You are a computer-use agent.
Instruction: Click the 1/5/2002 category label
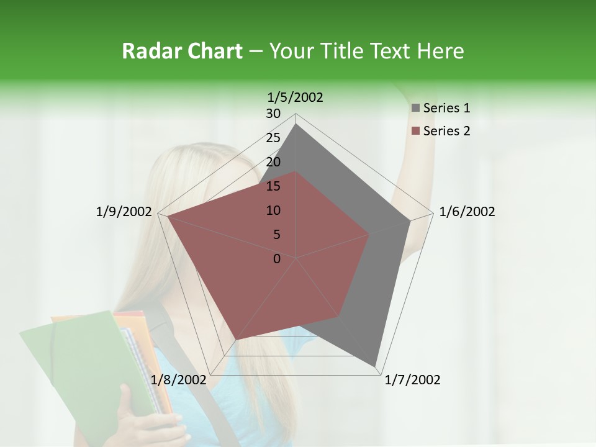point(296,97)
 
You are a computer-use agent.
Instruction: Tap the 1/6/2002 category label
point(467,212)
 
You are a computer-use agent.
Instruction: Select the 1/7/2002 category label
point(412,380)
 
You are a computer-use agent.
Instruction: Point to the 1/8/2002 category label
point(178,380)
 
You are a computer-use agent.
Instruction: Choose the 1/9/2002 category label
point(124,212)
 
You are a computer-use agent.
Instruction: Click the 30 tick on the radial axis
point(273,114)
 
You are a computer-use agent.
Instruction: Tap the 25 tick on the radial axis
point(273,138)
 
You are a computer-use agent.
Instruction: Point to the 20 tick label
point(273,162)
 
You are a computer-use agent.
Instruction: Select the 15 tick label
point(273,186)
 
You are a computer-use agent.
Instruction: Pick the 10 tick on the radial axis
point(273,210)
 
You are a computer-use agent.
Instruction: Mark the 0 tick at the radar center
point(277,259)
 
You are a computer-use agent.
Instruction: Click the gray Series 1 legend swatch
point(415,108)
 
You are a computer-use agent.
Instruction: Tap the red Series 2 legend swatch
point(415,131)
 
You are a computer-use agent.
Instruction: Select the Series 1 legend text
point(446,108)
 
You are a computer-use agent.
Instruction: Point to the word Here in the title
point(441,52)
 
